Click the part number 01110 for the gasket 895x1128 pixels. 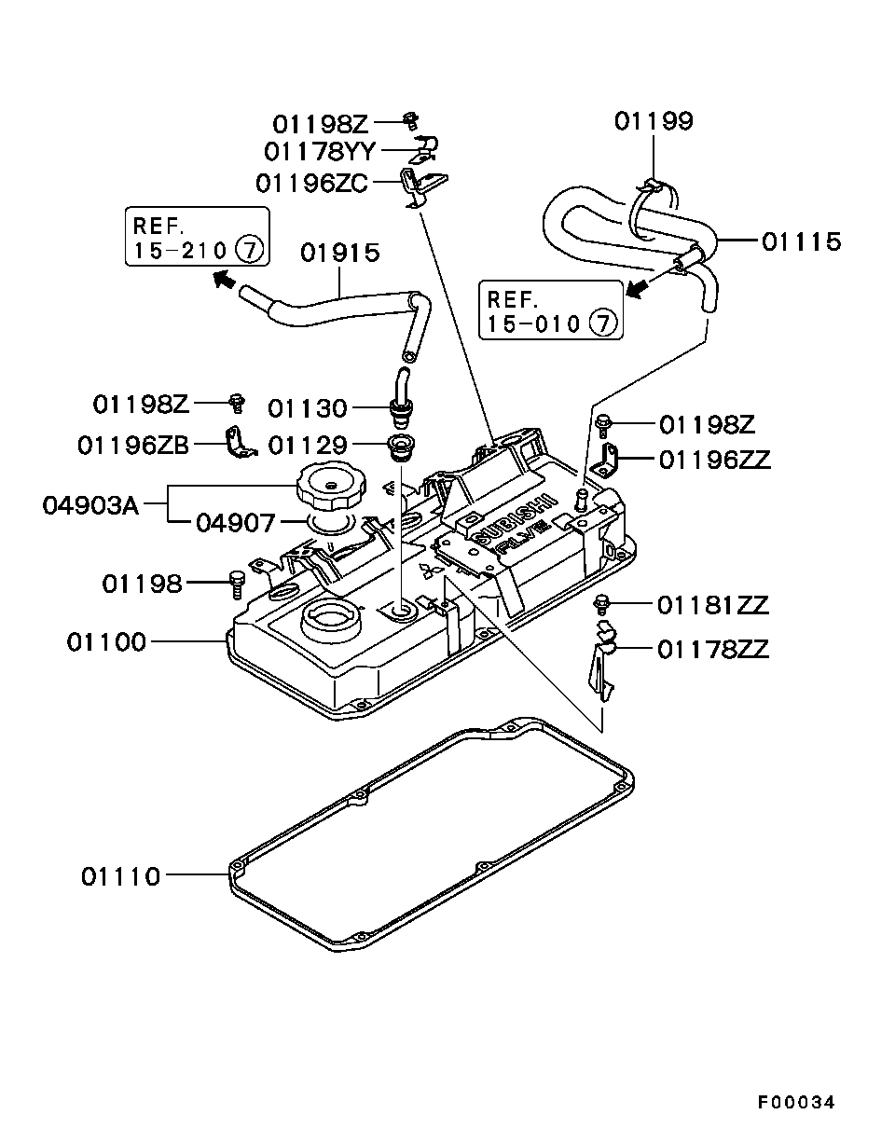pos(120,876)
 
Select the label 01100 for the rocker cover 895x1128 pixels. pos(106,642)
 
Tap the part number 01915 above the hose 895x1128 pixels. pos(340,252)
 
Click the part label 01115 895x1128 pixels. pos(801,241)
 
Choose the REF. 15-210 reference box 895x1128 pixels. pos(197,238)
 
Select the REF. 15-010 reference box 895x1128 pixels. pos(550,311)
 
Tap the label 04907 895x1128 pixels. pos(236,523)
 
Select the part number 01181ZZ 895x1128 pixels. pos(712,606)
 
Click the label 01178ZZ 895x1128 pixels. pos(712,649)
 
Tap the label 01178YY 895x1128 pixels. pos(320,151)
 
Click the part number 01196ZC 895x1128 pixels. pos(312,183)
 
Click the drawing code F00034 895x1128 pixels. pos(795,1102)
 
